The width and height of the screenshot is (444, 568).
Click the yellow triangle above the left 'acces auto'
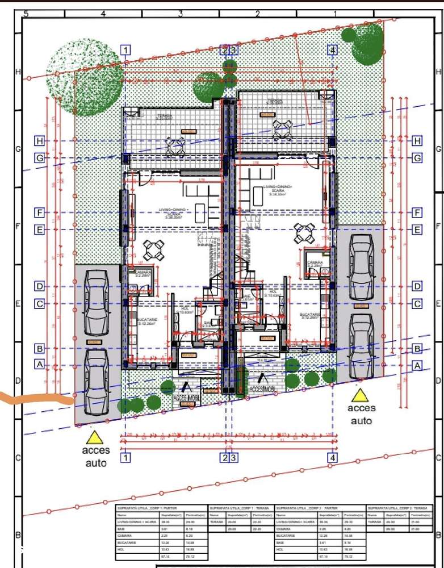pyautogui.click(x=94, y=437)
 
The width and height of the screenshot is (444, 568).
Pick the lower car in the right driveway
pyautogui.click(x=361, y=346)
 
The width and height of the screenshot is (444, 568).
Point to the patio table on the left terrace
pyautogui.click(x=177, y=146)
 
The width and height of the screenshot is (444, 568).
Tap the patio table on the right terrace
pyautogui.click(x=282, y=130)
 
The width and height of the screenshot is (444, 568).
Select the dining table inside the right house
pyautogui.click(x=305, y=232)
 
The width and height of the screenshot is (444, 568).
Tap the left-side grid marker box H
pyautogui.click(x=39, y=140)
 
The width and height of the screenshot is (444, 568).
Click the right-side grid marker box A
pyautogui.click(x=417, y=366)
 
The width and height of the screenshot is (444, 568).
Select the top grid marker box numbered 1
pyautogui.click(x=125, y=50)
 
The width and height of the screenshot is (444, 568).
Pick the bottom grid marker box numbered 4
pyautogui.click(x=333, y=457)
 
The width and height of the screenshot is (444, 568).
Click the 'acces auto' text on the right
pyautogui.click(x=361, y=415)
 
